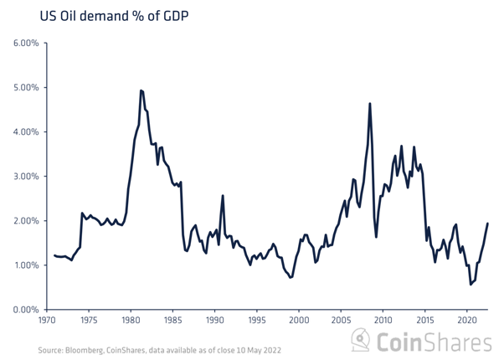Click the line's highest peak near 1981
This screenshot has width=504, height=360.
tap(141, 90)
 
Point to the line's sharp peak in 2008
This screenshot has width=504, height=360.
tap(370, 104)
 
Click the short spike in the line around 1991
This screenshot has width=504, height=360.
tap(223, 196)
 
